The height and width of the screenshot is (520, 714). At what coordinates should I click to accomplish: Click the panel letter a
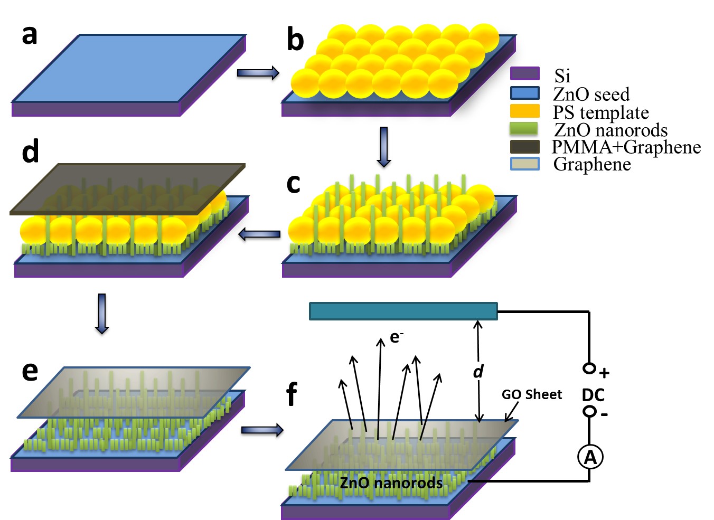(x=30, y=35)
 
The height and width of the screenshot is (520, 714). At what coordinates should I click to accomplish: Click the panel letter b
(x=295, y=40)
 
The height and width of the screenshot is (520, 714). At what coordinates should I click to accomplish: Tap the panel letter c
(x=293, y=184)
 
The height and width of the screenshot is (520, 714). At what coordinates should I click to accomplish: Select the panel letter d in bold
(x=31, y=151)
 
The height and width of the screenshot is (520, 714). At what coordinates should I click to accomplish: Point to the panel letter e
(x=30, y=371)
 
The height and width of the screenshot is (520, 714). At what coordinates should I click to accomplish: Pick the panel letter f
(x=291, y=394)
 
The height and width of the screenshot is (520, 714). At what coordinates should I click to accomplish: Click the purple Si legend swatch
(x=524, y=73)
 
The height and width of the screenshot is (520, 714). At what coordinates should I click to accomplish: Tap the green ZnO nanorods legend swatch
(x=524, y=129)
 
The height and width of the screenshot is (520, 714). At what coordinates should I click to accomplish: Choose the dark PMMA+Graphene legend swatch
(x=524, y=147)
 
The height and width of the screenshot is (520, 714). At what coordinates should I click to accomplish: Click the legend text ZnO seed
(x=591, y=94)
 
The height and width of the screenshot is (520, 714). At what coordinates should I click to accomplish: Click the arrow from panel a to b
(x=258, y=73)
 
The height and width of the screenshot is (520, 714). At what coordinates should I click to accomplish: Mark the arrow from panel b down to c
(x=384, y=147)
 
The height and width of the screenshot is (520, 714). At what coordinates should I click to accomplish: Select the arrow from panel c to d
(x=259, y=234)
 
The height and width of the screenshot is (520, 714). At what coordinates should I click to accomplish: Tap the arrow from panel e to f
(x=262, y=430)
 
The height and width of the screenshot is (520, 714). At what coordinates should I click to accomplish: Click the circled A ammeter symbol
(x=590, y=457)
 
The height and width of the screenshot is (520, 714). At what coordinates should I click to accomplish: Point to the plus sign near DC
(x=604, y=373)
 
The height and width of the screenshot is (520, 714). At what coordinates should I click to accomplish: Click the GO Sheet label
(x=531, y=394)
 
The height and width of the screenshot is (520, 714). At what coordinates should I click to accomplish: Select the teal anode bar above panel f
(x=403, y=311)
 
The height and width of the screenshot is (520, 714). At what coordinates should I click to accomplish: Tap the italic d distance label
(x=478, y=371)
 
